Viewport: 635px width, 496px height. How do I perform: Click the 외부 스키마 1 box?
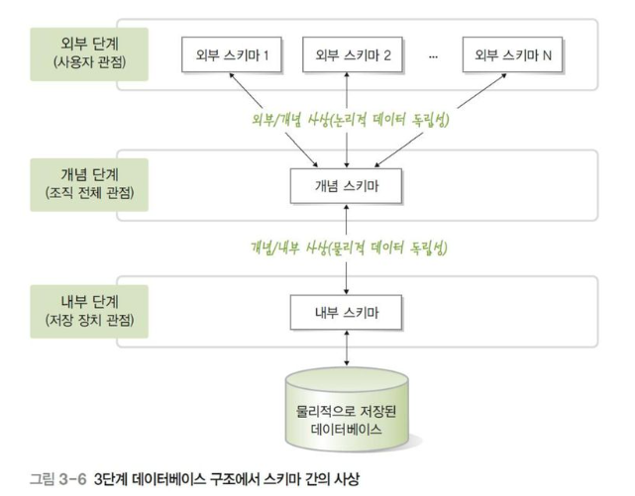232,54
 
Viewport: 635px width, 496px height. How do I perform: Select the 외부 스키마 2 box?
346,54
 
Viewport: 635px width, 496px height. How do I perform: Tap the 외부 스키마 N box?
512,54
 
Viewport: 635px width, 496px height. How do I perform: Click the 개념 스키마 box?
346,184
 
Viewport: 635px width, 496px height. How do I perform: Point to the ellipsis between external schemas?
433,55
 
